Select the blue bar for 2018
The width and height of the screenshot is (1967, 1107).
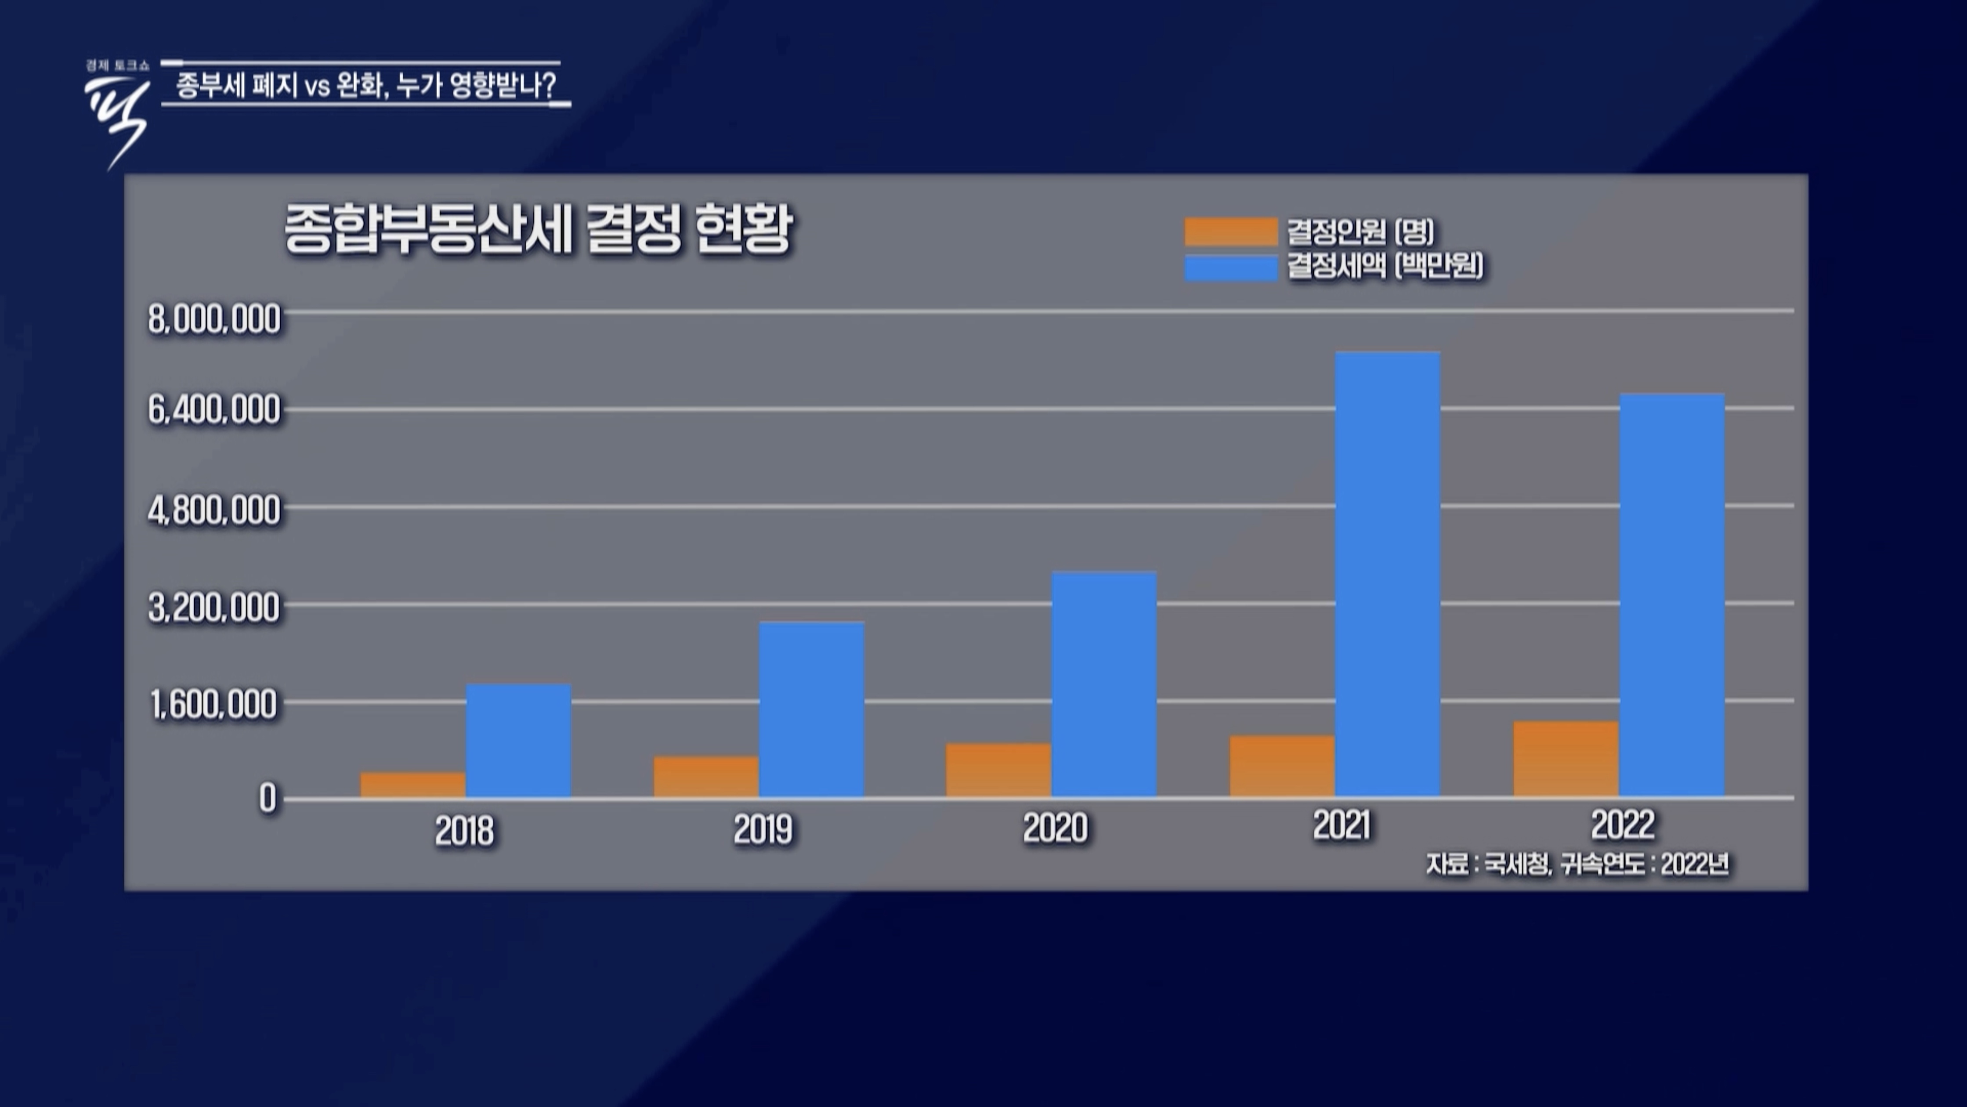point(518,741)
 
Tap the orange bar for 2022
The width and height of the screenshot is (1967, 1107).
point(1566,759)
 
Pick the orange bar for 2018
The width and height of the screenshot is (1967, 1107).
point(413,785)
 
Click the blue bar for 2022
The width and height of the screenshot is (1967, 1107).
point(1671,596)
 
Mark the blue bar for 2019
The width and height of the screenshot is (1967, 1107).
point(811,709)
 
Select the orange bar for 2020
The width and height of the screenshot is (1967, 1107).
point(998,771)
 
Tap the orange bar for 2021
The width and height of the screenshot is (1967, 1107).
point(1282,767)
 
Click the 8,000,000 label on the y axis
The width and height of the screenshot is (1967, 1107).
point(214,319)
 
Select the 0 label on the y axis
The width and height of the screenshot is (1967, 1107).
point(267,799)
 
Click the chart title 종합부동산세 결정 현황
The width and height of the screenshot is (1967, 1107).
point(539,229)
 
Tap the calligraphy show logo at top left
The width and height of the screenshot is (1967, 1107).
point(117,115)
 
